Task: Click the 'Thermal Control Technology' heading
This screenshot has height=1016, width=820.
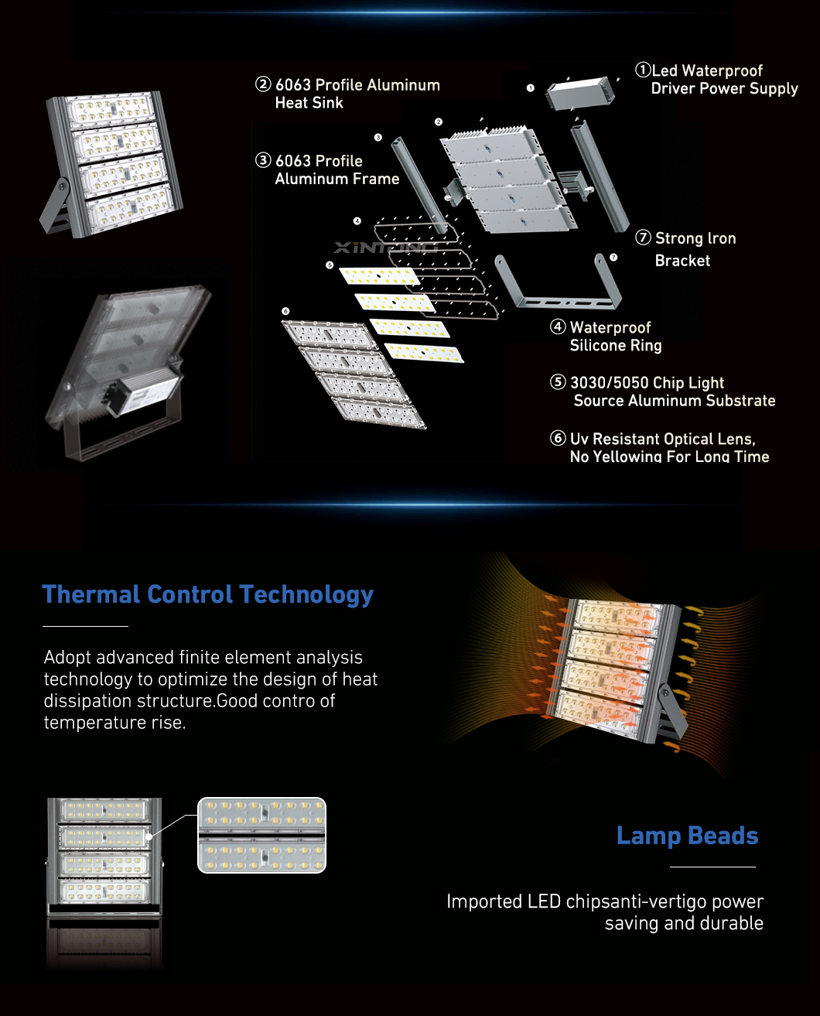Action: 208,595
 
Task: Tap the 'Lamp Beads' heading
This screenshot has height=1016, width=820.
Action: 687,836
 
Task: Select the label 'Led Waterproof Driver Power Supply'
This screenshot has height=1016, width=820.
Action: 716,80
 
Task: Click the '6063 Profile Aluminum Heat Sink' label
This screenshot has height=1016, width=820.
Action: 347,94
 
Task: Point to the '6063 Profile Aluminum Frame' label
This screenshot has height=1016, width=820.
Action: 327,169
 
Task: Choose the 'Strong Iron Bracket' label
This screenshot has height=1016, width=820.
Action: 686,249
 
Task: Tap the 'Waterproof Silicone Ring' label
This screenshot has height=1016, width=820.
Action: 606,337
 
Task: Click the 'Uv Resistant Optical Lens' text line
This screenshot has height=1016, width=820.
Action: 653,439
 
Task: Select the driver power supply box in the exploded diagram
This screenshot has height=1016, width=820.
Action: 579,93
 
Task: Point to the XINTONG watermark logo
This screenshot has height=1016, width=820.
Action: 385,248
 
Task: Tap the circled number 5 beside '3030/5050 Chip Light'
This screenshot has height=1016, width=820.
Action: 557,382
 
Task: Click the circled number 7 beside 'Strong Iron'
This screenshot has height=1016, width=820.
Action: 643,238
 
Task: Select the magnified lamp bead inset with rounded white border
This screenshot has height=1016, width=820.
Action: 261,835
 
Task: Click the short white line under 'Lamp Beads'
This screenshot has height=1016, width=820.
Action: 712,867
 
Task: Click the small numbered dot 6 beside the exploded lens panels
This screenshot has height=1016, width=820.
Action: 285,311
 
